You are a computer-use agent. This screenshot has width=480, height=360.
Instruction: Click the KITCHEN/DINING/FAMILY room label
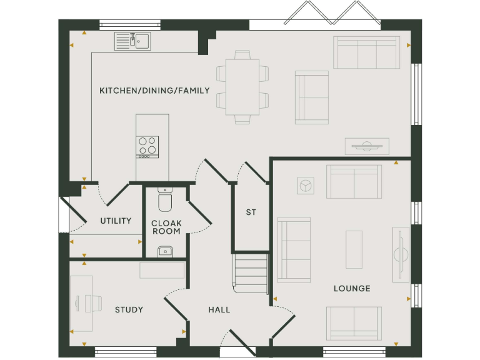click(154, 91)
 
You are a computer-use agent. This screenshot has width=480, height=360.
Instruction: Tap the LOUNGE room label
click(351, 289)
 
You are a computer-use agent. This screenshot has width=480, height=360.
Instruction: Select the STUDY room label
click(129, 310)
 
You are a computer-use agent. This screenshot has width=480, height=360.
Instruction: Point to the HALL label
click(219, 310)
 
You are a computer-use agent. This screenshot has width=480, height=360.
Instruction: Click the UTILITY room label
click(116, 221)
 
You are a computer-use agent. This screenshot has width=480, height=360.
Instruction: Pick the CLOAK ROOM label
click(166, 227)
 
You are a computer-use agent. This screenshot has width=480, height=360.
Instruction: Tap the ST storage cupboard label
click(251, 212)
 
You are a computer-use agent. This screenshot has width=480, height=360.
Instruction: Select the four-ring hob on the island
click(147, 147)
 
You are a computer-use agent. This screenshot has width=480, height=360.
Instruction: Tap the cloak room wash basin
click(165, 251)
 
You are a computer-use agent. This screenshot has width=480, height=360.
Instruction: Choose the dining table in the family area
click(242, 87)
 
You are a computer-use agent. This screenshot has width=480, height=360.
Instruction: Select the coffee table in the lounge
click(354, 249)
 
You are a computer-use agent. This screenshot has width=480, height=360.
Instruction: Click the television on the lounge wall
click(400, 254)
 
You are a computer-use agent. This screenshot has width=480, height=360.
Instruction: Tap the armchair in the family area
click(311, 97)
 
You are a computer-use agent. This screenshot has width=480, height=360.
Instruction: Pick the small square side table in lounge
click(306, 185)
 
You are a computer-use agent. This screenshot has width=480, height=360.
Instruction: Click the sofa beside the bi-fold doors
click(366, 52)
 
